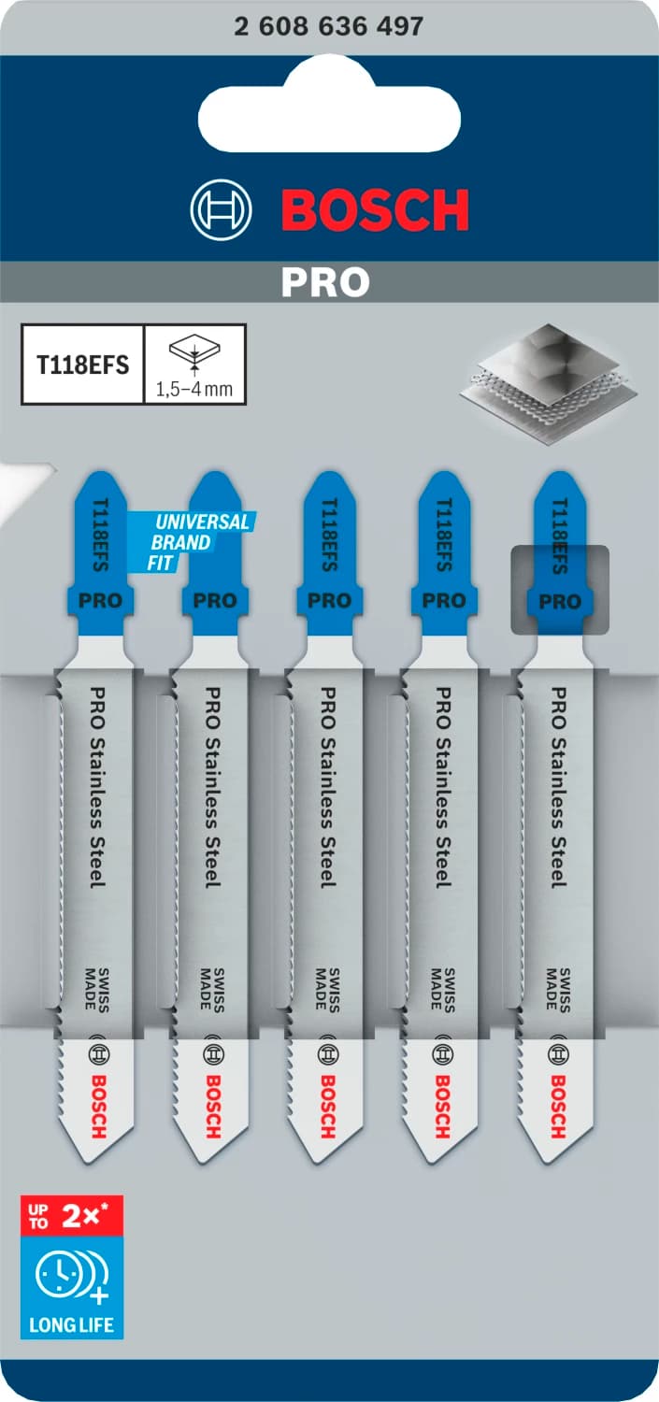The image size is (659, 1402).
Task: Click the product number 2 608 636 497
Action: coord(329,26)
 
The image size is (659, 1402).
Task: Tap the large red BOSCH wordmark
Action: coord(376,210)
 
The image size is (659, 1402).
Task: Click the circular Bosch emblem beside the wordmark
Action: coord(222,210)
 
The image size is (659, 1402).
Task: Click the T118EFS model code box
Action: coord(82,365)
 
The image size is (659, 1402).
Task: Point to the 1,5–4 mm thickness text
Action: coord(195,389)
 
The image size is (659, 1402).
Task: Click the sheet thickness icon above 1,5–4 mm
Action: coord(194,353)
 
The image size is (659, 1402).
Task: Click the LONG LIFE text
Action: coord(71,1323)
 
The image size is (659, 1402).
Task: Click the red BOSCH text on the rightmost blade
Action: coord(558,1106)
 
